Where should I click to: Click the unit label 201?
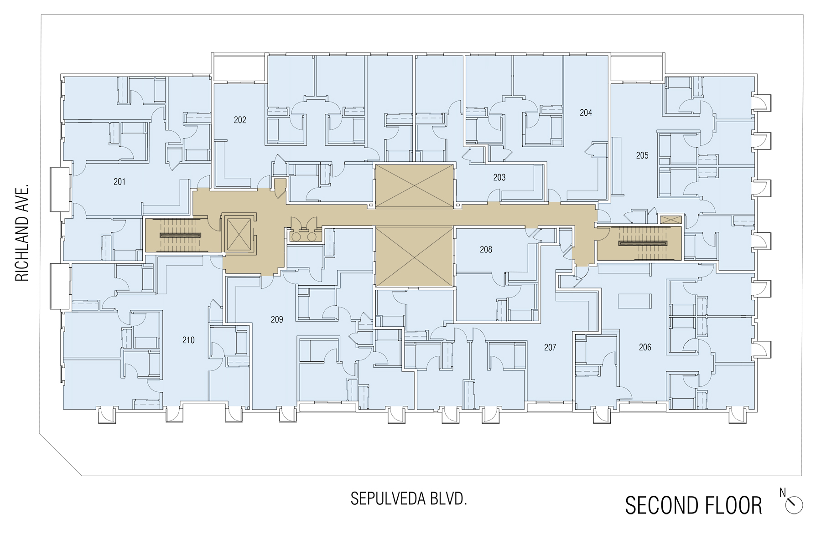[120, 182]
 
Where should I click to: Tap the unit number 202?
[240, 120]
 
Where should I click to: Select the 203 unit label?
[499, 177]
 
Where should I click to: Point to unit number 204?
[586, 113]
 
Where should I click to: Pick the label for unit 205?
[642, 155]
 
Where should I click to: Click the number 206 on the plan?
[645, 347]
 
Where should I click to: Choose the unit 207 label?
[550, 347]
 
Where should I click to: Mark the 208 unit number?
[486, 249]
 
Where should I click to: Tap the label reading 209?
[277, 319]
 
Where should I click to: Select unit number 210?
[188, 340]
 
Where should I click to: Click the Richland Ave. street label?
[22, 232]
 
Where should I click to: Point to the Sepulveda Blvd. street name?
[409, 499]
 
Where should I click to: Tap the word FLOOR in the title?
[733, 505]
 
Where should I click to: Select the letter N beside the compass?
[783, 493]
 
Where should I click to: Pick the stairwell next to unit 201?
[180, 235]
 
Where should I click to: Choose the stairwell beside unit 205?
[639, 243]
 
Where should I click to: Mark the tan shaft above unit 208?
[414, 185]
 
